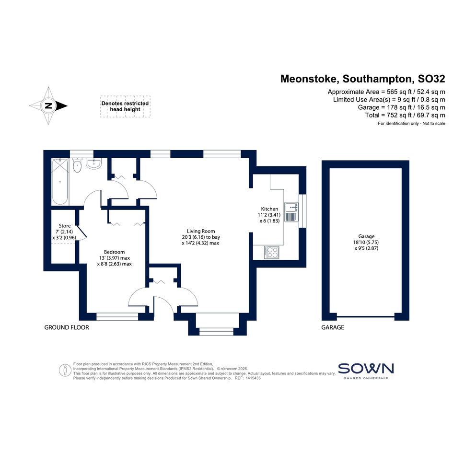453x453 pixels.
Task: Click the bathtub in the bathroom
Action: point(60,181)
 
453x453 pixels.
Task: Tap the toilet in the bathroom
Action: point(77,165)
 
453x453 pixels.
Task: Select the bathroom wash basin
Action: point(93,163)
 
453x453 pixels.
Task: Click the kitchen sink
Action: point(291,212)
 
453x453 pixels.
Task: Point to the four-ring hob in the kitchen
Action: point(272,252)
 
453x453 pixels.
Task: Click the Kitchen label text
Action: point(269,209)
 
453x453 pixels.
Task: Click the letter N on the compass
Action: point(48,106)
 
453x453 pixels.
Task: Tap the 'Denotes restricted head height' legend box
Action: point(125,106)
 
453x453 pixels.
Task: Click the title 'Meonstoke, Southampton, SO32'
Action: point(362,79)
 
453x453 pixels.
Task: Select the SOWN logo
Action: point(366,371)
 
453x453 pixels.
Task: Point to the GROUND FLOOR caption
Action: point(67,327)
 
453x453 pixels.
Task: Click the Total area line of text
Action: point(405,115)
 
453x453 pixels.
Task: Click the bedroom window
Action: point(117,317)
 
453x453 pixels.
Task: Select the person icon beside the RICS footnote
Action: point(65,371)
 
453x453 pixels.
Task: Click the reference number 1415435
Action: point(253,378)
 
